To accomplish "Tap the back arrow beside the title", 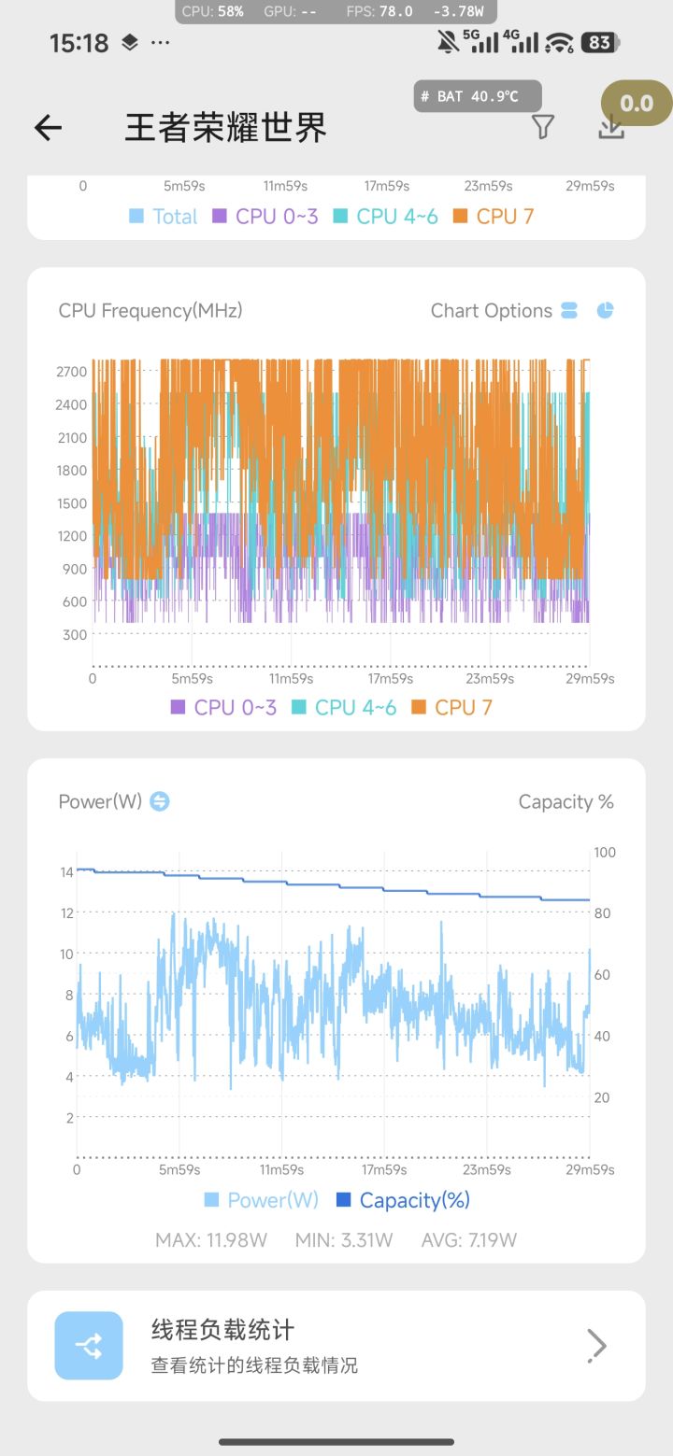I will tap(48, 128).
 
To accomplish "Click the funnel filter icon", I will tap(543, 127).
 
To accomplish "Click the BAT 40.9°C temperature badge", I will tap(478, 96).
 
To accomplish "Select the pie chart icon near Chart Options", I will tap(606, 311).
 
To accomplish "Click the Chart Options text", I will tap(492, 311).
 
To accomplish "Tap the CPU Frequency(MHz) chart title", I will tap(150, 311).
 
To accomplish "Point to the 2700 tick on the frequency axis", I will tap(71, 372).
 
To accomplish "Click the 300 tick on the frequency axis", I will tap(75, 635).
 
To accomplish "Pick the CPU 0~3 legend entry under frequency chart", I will tap(223, 708).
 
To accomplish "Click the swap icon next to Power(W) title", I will tap(160, 801).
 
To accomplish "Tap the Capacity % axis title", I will tap(566, 801).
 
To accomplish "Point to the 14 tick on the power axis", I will tap(67, 872).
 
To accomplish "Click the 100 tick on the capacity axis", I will tap(605, 852).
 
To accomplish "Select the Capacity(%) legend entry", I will tap(403, 1200).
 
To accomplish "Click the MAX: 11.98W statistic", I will tap(211, 1240).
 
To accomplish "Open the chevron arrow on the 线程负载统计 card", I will tap(596, 1346).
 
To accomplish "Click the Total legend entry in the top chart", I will tap(164, 217).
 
